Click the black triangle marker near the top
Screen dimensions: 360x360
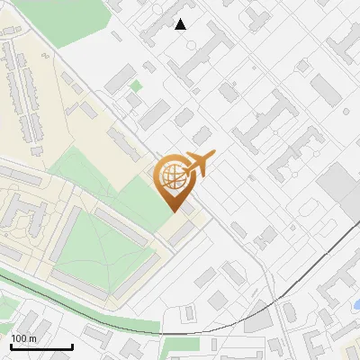pos(181,24)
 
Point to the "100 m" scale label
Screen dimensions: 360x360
pos(23,338)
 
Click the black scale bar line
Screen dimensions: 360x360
pos(41,346)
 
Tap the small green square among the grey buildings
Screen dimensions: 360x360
pos(136,86)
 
